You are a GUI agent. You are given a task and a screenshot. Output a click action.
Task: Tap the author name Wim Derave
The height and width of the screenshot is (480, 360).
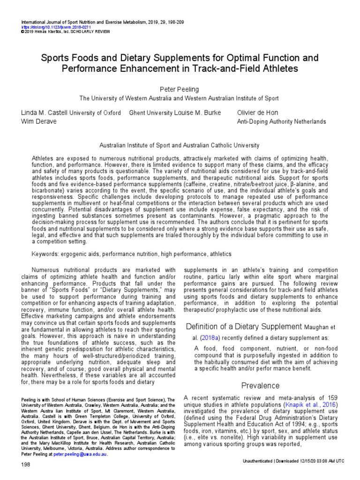click(38, 121)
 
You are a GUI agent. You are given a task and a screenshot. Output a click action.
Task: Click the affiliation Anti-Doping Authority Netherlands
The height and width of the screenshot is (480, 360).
click(282, 121)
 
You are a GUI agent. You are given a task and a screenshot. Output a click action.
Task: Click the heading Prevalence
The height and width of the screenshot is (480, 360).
click(260, 385)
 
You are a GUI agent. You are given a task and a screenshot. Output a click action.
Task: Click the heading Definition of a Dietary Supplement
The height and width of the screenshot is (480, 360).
click(243, 326)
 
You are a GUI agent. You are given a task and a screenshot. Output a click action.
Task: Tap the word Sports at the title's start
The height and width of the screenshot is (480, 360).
click(56, 58)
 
